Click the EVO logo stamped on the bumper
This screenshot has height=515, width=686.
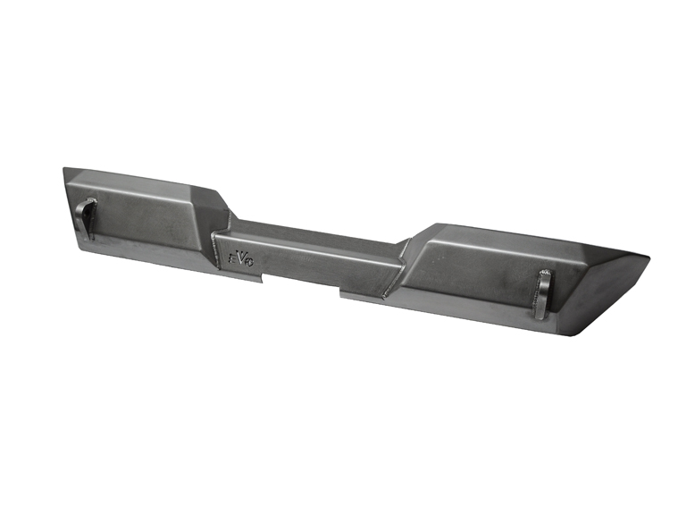240,257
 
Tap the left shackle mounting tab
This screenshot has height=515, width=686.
85,217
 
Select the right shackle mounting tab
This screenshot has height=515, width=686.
543,293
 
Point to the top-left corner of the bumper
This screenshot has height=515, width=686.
65,169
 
